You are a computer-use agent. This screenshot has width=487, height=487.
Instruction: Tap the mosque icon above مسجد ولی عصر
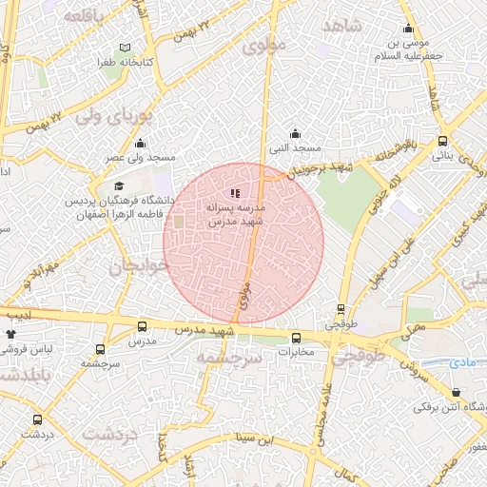tap(141, 144)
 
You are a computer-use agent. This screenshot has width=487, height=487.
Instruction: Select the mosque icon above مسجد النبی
tap(295, 134)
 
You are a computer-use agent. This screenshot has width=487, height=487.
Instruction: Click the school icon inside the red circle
tap(236, 193)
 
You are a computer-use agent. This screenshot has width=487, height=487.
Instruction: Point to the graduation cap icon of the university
tap(119, 186)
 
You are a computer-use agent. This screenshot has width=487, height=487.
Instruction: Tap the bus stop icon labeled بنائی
tap(442, 141)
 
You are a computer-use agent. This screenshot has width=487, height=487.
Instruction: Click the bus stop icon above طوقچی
tap(341, 309)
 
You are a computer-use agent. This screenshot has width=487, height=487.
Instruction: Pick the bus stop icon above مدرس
tap(142, 327)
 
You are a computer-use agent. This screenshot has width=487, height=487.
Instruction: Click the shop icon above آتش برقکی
tap(457, 392)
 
